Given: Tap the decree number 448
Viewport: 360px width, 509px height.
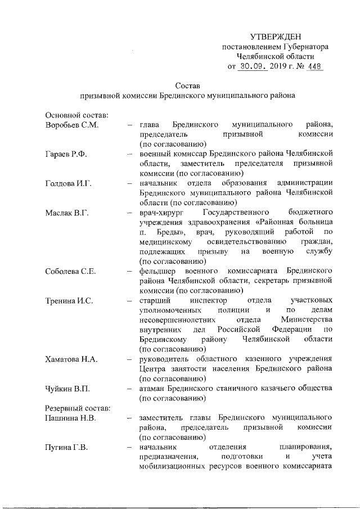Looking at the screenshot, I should click(315, 67).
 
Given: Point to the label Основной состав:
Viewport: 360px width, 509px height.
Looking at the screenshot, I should click(76, 115).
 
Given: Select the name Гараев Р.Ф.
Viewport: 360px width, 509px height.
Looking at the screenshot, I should click(66, 154).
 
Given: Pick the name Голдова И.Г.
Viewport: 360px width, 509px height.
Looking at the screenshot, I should click(69, 183).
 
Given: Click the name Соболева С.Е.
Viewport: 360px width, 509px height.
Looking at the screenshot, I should click(70, 271).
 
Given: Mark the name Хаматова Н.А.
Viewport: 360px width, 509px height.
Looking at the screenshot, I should click(71, 359).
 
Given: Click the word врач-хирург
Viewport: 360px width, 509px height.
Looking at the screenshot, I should click(163, 213).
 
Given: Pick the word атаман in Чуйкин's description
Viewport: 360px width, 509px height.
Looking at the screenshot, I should click(155, 389).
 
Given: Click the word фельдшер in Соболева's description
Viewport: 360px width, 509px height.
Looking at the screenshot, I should click(160, 271).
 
